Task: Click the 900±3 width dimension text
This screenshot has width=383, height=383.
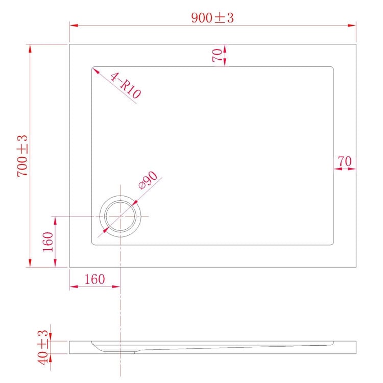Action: [212, 17]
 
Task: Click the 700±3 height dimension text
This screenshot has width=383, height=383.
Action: [22, 156]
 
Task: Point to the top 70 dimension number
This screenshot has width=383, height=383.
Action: [218, 55]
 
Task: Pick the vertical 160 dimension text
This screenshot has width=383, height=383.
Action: [48, 242]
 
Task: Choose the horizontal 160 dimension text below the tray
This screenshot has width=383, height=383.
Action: [94, 279]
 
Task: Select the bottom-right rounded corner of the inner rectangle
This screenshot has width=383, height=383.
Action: [332, 243]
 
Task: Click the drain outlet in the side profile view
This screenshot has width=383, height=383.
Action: [121, 351]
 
